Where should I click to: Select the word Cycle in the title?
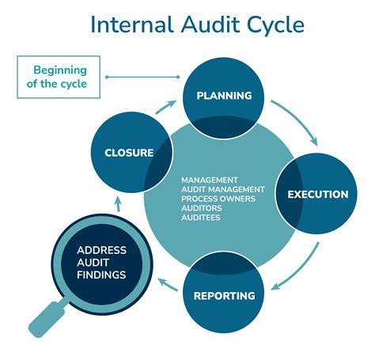(274, 24)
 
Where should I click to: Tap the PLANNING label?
(224, 96)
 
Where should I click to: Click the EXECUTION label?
(317, 194)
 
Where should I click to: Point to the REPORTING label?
(224, 296)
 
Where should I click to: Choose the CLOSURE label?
(129, 153)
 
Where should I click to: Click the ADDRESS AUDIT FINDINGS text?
(101, 263)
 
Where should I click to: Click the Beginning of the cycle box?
(59, 77)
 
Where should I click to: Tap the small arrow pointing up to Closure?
(118, 205)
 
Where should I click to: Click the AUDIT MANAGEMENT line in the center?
(222, 188)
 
